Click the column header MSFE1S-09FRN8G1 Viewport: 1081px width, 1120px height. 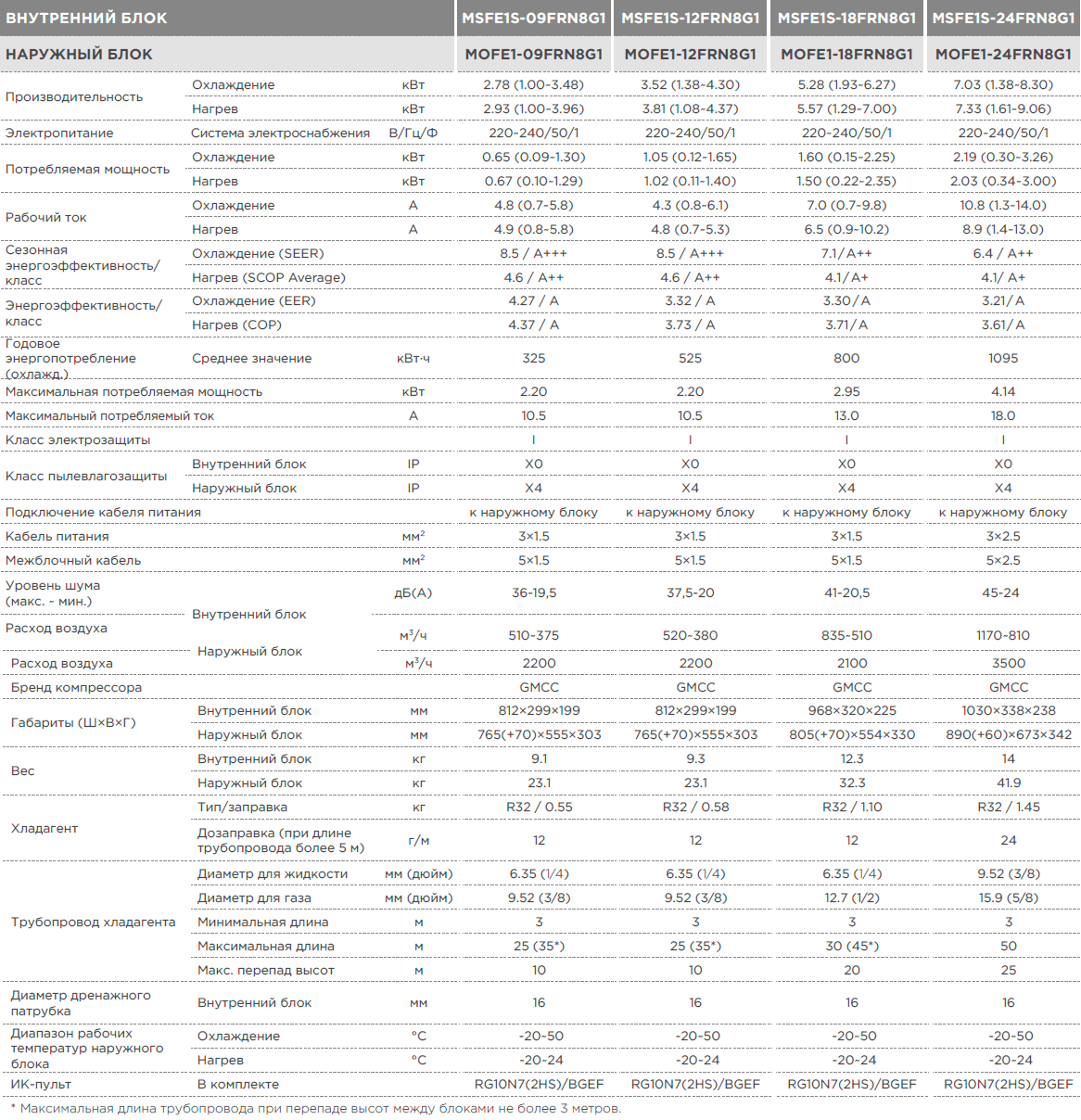(x=534, y=19)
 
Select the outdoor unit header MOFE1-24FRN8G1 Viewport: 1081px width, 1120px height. (x=1003, y=54)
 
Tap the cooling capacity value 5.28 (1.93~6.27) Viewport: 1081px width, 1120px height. (x=846, y=84)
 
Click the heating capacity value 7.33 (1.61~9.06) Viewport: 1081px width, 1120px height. (x=1003, y=108)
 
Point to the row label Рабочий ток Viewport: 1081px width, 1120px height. (x=46, y=218)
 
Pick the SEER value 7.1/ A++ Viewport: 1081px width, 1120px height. (x=846, y=253)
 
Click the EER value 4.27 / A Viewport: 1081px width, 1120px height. (x=534, y=300)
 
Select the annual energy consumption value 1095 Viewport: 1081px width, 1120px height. (x=1003, y=358)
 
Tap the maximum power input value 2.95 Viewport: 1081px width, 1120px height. (x=846, y=391)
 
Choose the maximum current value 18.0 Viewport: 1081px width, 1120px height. (x=1003, y=415)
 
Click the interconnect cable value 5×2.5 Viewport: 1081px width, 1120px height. (x=1003, y=560)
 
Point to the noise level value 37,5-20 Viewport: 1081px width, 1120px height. (x=690, y=592)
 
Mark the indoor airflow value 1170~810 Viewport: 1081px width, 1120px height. (x=1003, y=635)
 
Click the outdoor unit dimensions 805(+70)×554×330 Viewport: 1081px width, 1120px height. (x=852, y=734)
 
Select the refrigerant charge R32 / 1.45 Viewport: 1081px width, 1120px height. (x=1009, y=807)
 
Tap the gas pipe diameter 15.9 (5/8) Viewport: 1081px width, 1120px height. (x=1009, y=897)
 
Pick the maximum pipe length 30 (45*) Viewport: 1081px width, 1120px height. (x=852, y=947)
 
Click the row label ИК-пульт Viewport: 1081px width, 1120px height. (x=41, y=1085)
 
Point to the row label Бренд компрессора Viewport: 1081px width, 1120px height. (x=76, y=687)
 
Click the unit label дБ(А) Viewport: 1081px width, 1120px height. (x=413, y=592)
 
